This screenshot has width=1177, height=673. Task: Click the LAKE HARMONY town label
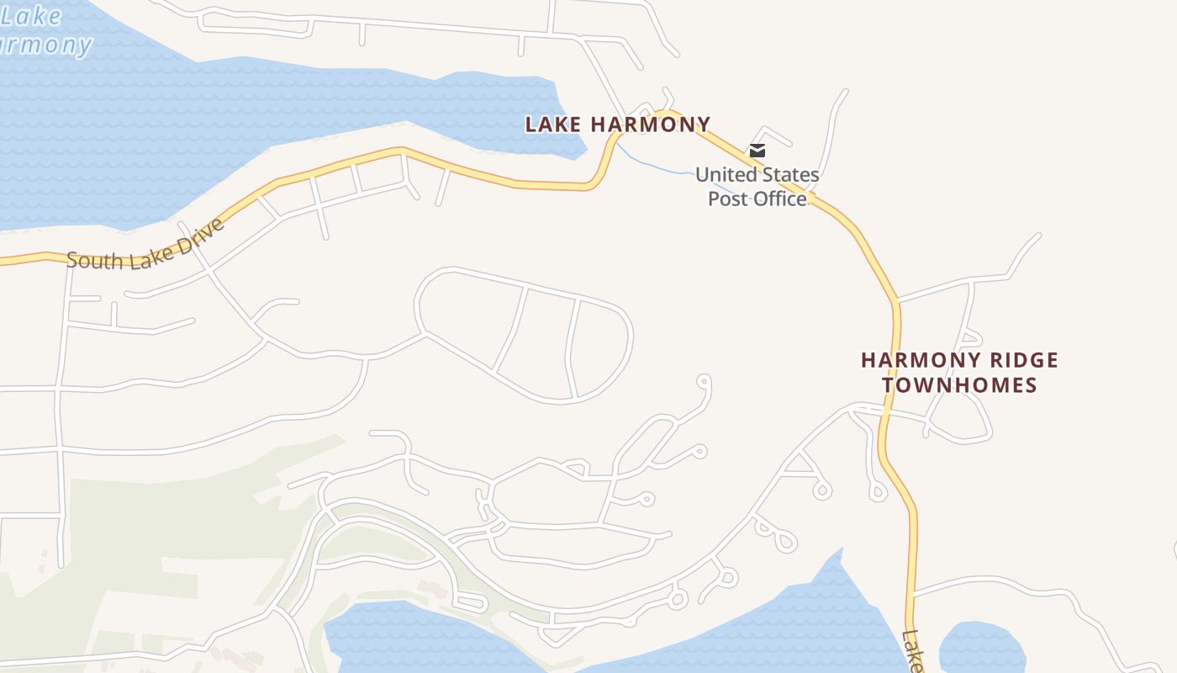coord(618,125)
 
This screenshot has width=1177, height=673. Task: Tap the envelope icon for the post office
coord(757,151)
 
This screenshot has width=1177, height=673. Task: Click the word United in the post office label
coord(726,175)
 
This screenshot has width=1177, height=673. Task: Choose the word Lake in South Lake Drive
coord(148,255)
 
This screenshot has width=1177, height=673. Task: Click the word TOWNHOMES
coord(958,385)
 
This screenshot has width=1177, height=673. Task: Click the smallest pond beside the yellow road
coord(981,649)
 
